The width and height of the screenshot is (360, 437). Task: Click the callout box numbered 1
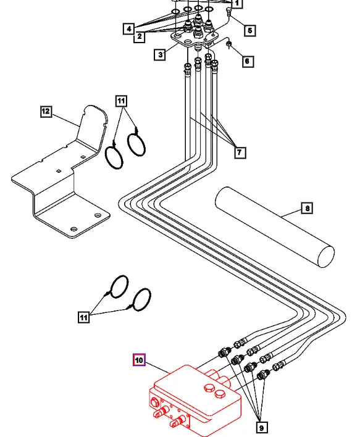[238, 4]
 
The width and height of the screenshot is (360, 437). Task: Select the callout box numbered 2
[140, 37]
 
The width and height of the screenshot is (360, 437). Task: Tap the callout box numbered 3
[160, 55]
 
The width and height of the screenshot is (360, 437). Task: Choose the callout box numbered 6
[248, 61]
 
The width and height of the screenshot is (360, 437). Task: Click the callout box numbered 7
[239, 152]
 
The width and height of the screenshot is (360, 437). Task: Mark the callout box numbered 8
[306, 208]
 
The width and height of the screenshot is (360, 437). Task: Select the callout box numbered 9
[262, 427]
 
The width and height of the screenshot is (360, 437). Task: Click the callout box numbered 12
[45, 111]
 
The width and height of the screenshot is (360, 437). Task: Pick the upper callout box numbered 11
[121, 100]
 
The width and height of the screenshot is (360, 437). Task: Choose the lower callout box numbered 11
[84, 317]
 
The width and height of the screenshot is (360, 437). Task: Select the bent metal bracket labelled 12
[62, 179]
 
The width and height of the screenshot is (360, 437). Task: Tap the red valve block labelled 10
[195, 401]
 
